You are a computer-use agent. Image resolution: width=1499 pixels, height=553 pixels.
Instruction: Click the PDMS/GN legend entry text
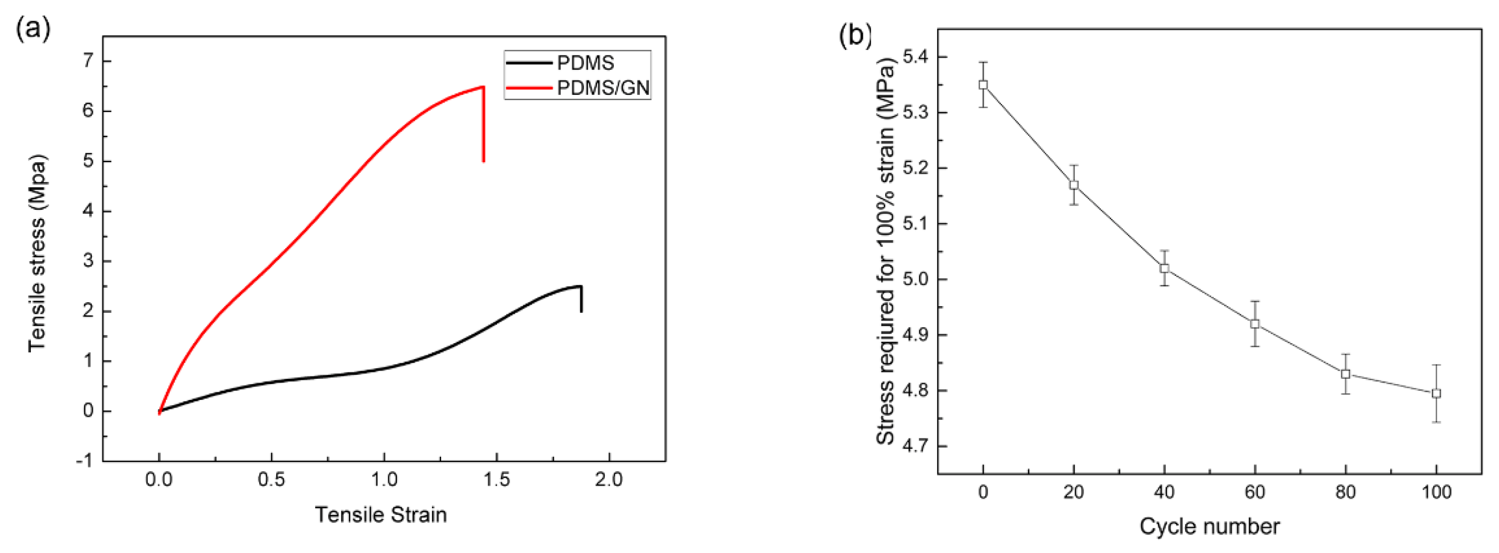pyautogui.click(x=603, y=88)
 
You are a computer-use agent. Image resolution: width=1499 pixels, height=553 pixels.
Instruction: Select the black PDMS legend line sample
pyautogui.click(x=528, y=63)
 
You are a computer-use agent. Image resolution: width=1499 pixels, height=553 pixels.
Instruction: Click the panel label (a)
pyautogui.click(x=33, y=27)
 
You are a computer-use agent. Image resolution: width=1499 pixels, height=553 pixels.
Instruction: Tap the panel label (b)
pyautogui.click(x=855, y=36)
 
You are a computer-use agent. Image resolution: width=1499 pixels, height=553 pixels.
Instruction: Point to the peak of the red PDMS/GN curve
pyautogui.click(x=483, y=87)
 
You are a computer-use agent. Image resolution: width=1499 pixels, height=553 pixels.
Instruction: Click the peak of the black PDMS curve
pyautogui.click(x=579, y=286)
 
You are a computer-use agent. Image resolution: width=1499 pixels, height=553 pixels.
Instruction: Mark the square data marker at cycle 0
pyautogui.click(x=983, y=84)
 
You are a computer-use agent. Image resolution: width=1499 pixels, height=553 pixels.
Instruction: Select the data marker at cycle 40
pyautogui.click(x=1164, y=269)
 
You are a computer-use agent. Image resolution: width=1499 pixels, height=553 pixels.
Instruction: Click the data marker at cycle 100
pyautogui.click(x=1436, y=394)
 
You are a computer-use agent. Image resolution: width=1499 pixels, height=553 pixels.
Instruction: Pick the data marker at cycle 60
pyautogui.click(x=1255, y=323)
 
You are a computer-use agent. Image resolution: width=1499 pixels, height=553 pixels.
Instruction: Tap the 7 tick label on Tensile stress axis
pyautogui.click(x=88, y=61)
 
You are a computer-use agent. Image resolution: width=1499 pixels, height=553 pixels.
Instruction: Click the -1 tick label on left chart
pyautogui.click(x=84, y=461)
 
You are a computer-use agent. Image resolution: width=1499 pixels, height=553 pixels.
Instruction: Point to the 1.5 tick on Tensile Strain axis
pyautogui.click(x=496, y=480)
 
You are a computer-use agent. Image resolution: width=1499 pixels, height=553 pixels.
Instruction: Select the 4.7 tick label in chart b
pyautogui.click(x=915, y=447)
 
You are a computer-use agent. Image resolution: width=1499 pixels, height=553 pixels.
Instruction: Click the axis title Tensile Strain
pyautogui.click(x=381, y=514)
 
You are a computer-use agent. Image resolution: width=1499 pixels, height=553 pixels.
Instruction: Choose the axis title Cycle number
pyautogui.click(x=1209, y=526)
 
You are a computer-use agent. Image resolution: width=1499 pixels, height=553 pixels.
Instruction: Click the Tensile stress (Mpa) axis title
pyautogui.click(x=37, y=253)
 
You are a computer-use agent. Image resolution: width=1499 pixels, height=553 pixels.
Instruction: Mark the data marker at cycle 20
pyautogui.click(x=1074, y=185)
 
